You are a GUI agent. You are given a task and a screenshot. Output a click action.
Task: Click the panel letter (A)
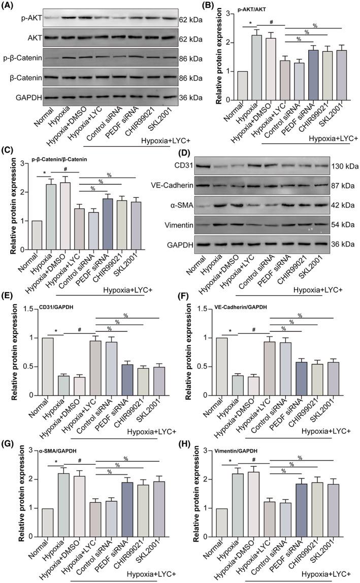(10, 6)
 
